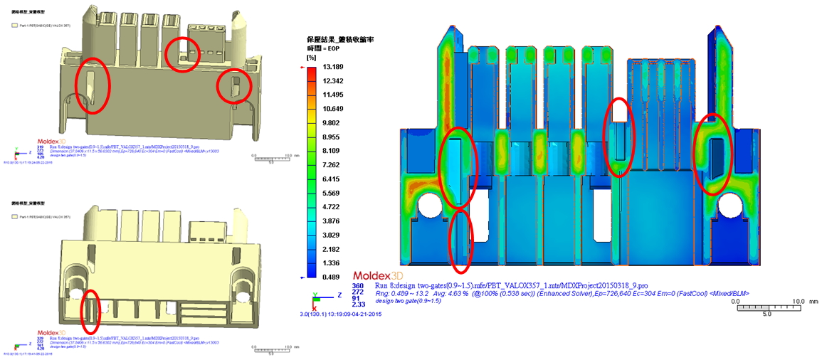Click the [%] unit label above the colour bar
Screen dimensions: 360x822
[x=311, y=57]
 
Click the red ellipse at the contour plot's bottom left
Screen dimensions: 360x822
[x=460, y=241]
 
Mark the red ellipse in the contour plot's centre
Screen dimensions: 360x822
[x=619, y=137]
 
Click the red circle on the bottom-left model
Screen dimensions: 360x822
[x=90, y=311]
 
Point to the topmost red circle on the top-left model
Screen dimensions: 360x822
[x=183, y=53]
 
